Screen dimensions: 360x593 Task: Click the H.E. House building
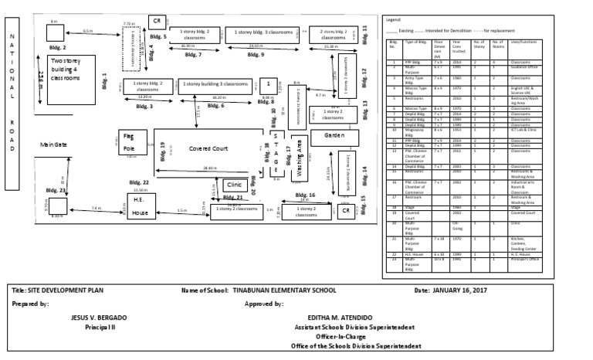pos(140,206)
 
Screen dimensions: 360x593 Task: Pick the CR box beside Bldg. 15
pos(347,210)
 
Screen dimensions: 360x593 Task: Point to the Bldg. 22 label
pos(139,182)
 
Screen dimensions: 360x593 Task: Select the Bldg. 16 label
pos(306,195)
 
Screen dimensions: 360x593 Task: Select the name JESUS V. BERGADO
pos(99,318)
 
